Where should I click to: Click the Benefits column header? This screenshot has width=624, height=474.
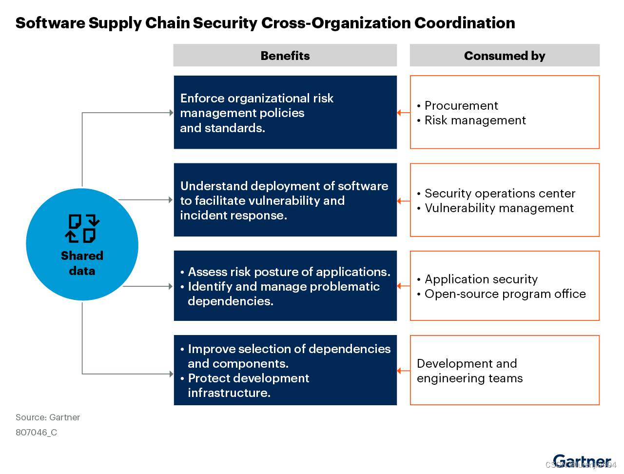(x=285, y=56)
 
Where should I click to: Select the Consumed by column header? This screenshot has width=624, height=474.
(x=505, y=56)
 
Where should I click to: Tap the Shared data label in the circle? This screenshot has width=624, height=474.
(x=82, y=263)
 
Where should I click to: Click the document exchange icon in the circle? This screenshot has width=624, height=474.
(x=82, y=228)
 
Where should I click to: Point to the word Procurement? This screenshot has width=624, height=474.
(x=461, y=106)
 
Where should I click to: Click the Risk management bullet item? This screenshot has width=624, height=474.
(x=475, y=120)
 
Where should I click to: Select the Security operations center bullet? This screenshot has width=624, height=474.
(x=500, y=194)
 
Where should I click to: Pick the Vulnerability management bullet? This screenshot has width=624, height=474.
(x=499, y=208)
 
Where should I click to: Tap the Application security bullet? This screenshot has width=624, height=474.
(x=481, y=279)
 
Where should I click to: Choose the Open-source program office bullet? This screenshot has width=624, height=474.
(x=505, y=294)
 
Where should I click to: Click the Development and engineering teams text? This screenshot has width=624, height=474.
(x=469, y=371)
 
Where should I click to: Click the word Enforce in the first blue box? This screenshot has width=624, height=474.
(x=202, y=99)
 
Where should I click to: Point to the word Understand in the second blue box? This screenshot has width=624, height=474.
(x=213, y=186)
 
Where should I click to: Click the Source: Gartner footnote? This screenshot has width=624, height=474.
(x=48, y=417)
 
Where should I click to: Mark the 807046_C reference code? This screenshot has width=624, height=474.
(x=36, y=433)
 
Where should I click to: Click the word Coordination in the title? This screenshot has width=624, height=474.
(x=465, y=23)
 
